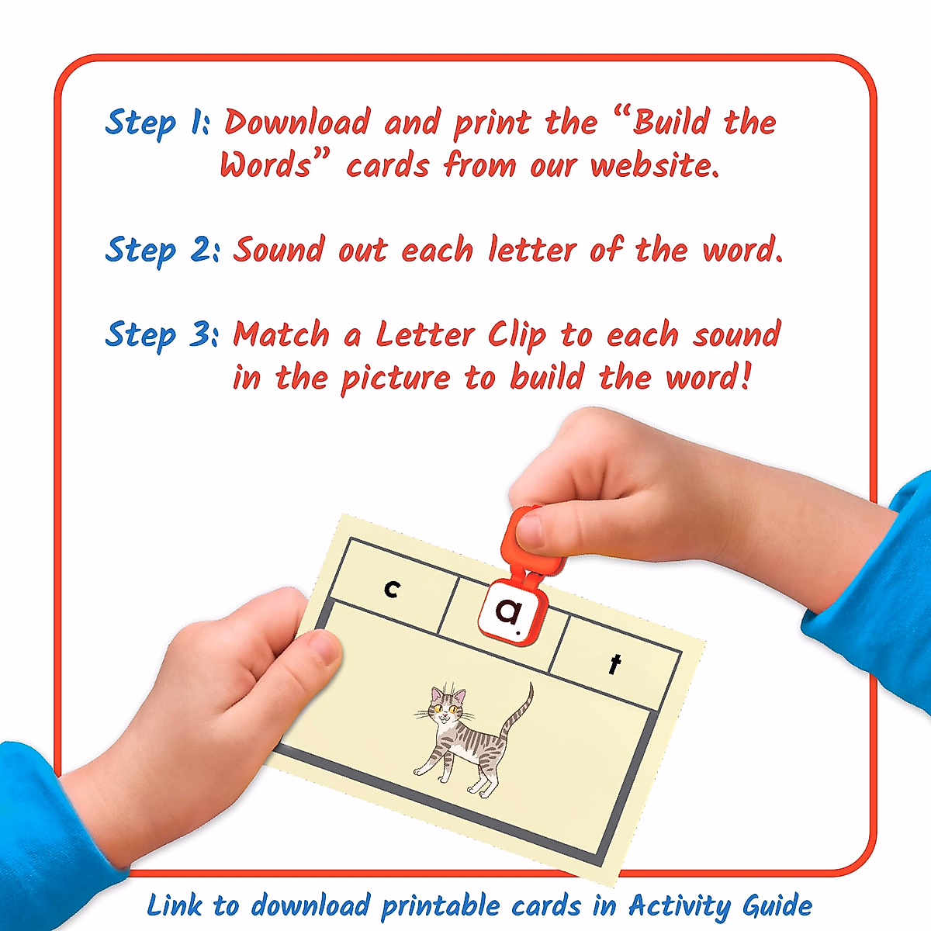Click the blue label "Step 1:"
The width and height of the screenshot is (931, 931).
[x=156, y=123]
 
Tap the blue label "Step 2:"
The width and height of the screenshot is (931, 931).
[x=162, y=251]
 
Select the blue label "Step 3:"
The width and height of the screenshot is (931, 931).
[x=162, y=335]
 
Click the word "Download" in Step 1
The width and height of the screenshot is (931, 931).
[x=297, y=123]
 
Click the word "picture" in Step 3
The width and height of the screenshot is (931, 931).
[x=396, y=379]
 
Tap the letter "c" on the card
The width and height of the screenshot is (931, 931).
[x=393, y=590]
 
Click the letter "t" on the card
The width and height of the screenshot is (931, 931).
[x=615, y=664]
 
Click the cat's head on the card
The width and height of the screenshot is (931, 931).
[x=449, y=706]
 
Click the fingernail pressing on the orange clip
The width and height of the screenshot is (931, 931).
[x=531, y=531]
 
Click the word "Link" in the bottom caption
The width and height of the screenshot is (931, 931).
[x=175, y=905]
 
